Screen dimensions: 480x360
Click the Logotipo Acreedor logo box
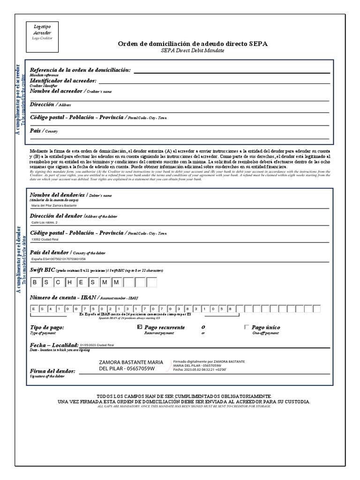click(x=40, y=32)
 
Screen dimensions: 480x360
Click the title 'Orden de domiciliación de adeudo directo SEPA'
click(x=193, y=44)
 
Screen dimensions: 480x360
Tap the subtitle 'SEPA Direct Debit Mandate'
click(x=193, y=50)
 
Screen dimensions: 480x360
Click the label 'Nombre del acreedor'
click(x=56, y=91)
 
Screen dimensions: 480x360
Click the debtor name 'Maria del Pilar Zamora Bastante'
click(x=53, y=205)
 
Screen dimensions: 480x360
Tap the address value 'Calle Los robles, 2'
click(x=45, y=222)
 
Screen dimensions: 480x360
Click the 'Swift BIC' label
click(x=42, y=270)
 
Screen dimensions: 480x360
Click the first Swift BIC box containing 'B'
click(x=35, y=282)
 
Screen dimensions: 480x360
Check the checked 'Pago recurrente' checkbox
click(x=140, y=327)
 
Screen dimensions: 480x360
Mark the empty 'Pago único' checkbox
click(x=247, y=327)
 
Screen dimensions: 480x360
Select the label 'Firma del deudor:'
click(x=52, y=371)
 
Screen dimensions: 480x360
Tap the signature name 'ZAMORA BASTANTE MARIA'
click(x=131, y=362)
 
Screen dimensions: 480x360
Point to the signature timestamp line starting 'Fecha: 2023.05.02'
click(x=200, y=369)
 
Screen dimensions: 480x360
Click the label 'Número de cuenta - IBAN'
click(x=63, y=298)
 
